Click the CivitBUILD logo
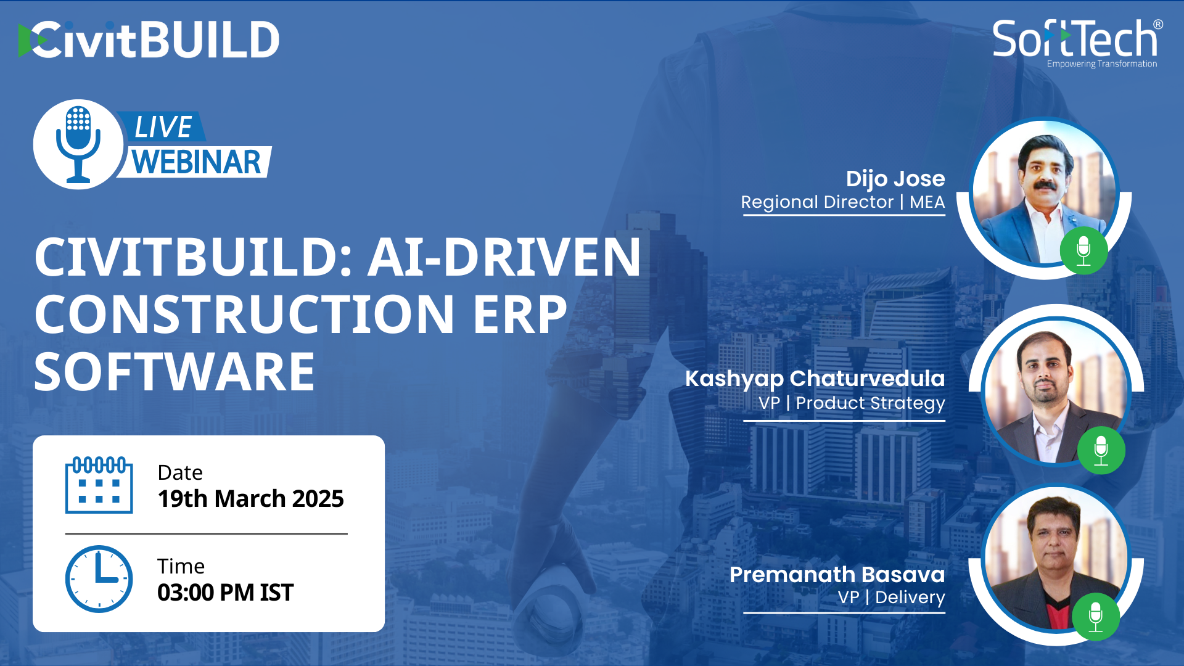click(x=149, y=39)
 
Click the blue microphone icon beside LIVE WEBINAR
click(x=78, y=144)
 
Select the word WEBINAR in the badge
click(x=196, y=162)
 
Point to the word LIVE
click(x=163, y=127)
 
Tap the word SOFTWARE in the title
click(x=175, y=371)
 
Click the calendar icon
click(x=99, y=485)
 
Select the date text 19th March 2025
click(x=250, y=498)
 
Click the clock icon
click(x=99, y=578)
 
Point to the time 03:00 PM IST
click(x=225, y=592)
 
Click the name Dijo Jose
click(x=895, y=178)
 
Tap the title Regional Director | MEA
click(x=843, y=202)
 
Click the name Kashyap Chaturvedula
click(x=815, y=378)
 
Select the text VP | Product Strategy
click(x=852, y=403)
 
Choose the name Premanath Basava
click(x=837, y=574)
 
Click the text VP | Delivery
click(x=891, y=597)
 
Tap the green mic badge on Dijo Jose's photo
click(x=1083, y=250)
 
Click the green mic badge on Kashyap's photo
click(x=1101, y=450)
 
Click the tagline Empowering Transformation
click(x=1102, y=64)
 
